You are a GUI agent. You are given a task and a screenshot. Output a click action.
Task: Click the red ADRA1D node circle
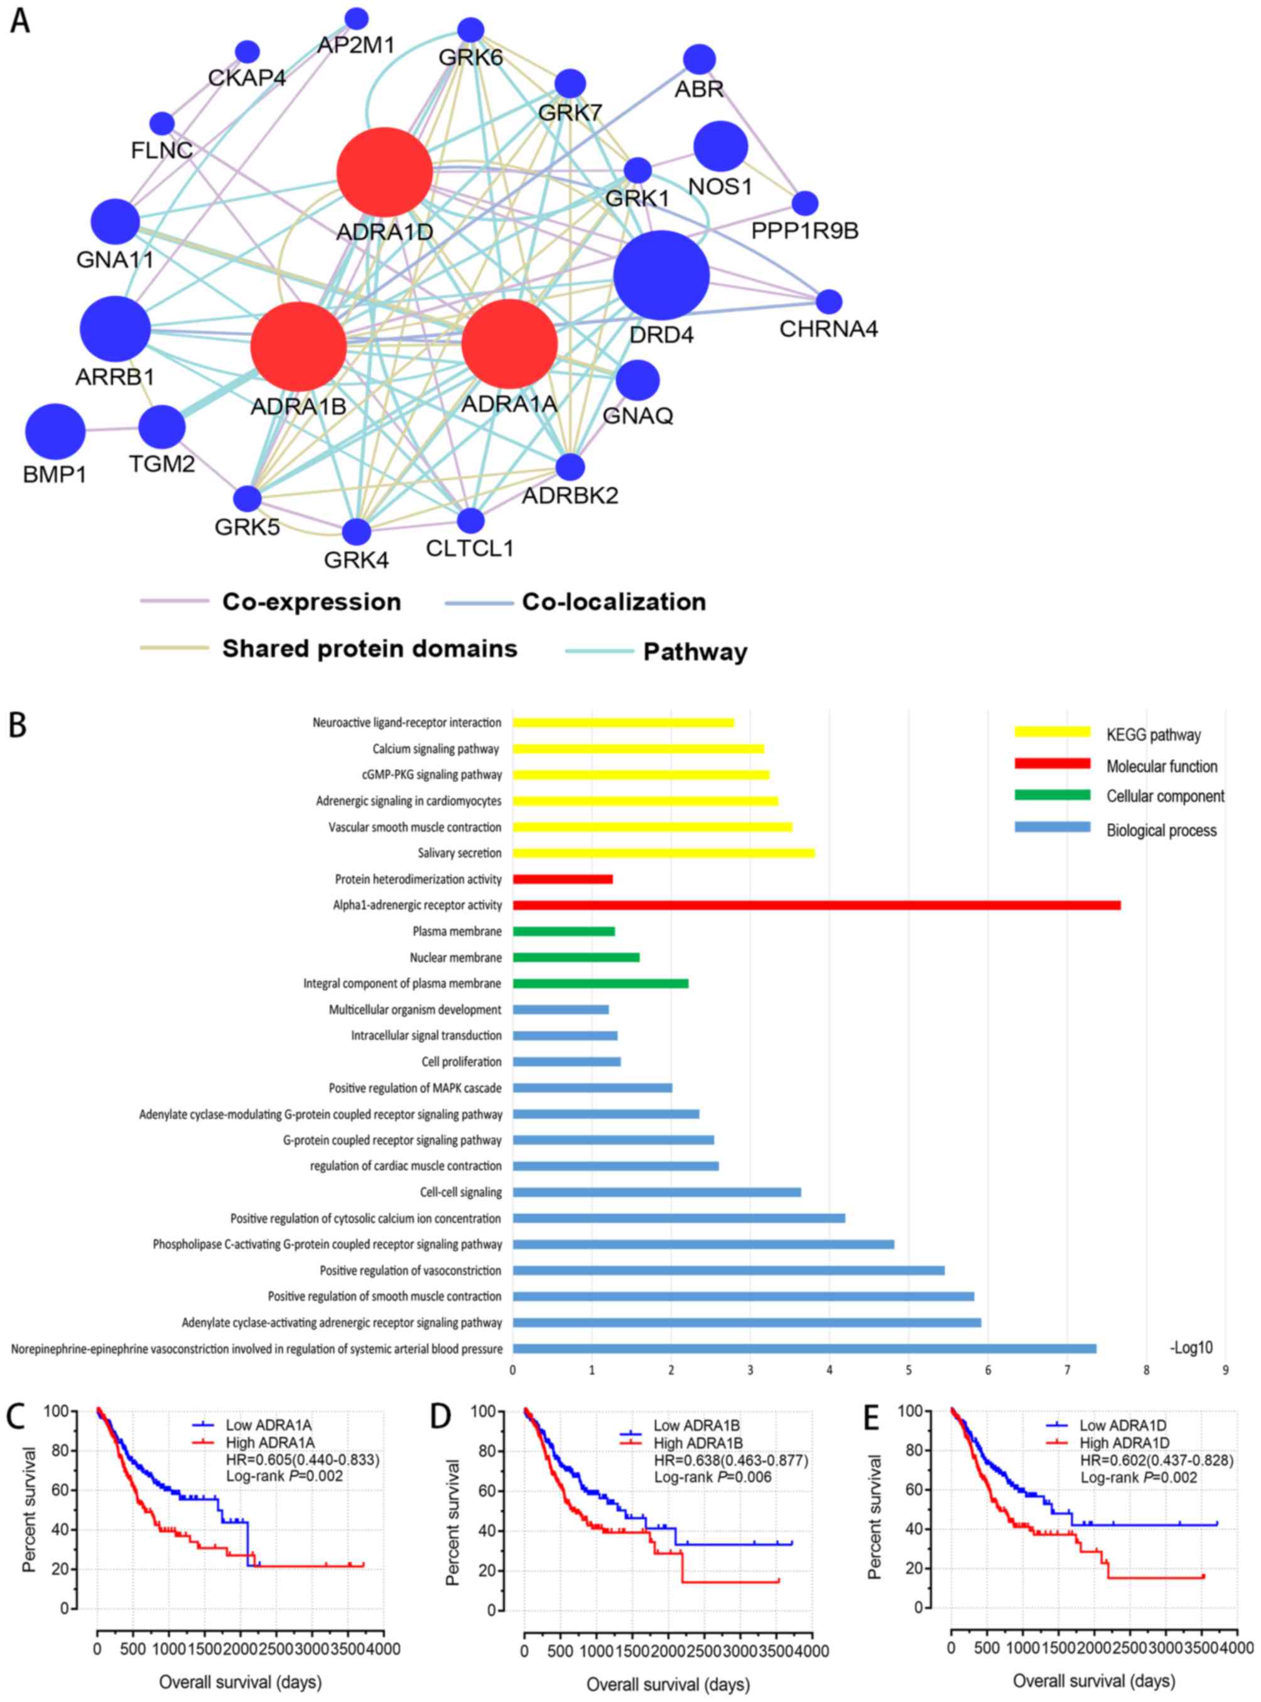385,172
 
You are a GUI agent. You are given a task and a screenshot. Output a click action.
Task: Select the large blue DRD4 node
661,275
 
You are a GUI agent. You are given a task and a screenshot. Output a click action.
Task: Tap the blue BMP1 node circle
55,432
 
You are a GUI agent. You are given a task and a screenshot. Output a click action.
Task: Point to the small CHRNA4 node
829,302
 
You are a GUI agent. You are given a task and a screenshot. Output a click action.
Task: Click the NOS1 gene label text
720,185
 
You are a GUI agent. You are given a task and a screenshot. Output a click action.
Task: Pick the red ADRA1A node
509,344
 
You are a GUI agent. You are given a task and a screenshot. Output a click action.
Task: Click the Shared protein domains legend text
369,648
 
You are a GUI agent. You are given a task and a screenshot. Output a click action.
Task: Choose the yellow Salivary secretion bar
663,853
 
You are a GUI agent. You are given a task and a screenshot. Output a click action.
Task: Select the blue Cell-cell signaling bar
656,1192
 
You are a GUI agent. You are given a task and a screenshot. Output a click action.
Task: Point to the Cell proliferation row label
461,1061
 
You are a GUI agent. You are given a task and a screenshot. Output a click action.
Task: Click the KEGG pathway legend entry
1152,734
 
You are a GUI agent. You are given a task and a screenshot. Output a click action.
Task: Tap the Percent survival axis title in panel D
453,1522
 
